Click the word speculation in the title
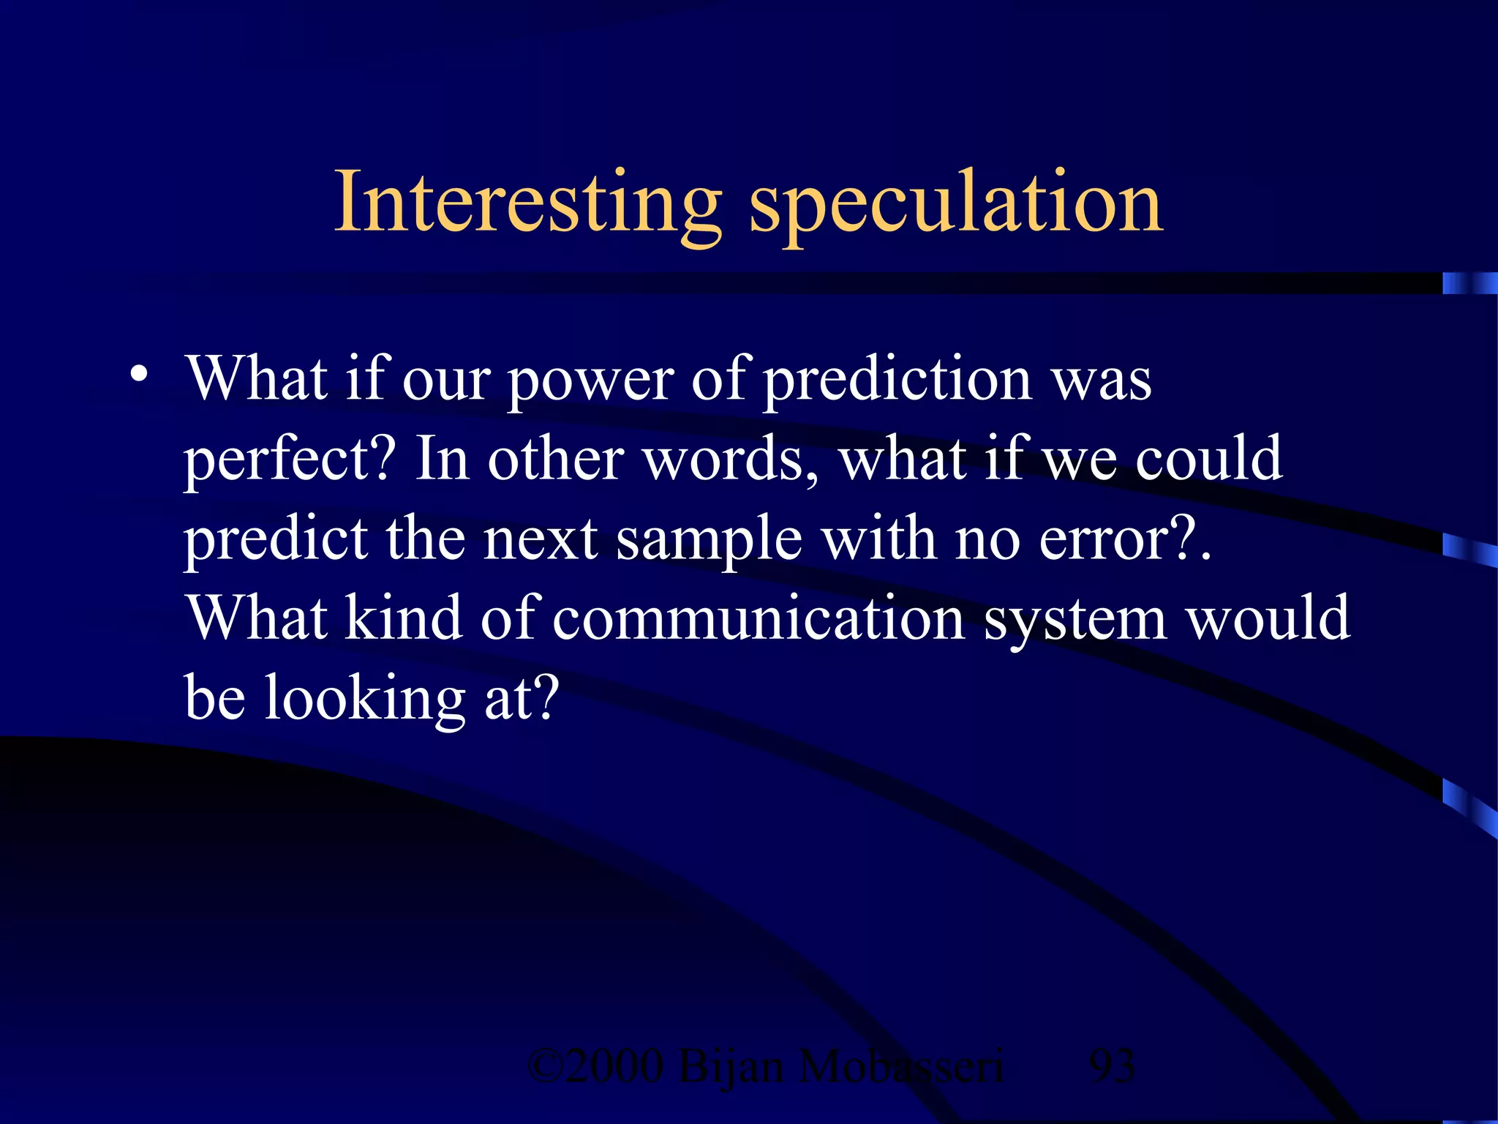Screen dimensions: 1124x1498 [955, 205]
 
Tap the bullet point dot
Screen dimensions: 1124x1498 [138, 375]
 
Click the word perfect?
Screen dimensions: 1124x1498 [290, 461]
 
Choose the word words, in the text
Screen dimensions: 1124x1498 [731, 461]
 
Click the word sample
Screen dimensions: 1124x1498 [709, 540]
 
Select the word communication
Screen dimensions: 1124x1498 [758, 619]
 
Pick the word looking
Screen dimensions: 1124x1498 [364, 700]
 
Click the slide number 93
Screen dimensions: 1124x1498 [1112, 1066]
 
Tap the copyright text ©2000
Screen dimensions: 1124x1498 [595, 1066]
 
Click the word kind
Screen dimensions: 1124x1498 [403, 619]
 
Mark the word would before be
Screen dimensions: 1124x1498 [1267, 619]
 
